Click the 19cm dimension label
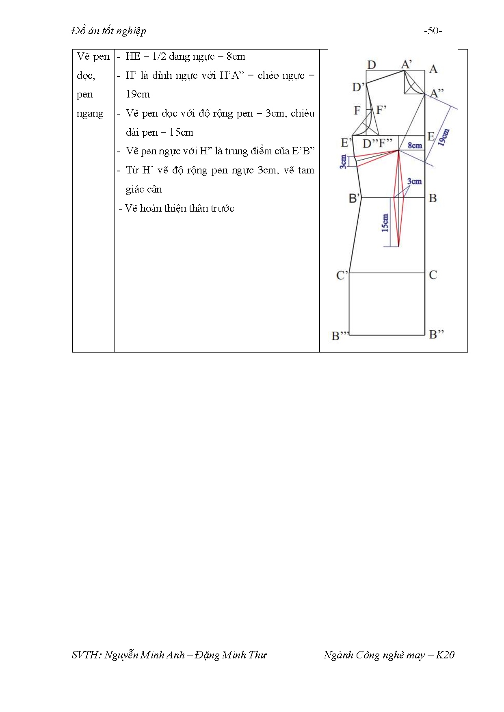click(x=444, y=137)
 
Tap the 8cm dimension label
click(x=415, y=145)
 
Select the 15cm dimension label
click(x=385, y=223)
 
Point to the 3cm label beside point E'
click(x=343, y=161)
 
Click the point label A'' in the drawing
click(x=437, y=93)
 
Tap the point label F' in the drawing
click(x=381, y=110)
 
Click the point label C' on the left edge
click(x=342, y=275)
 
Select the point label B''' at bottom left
click(x=340, y=335)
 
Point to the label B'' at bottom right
click(x=436, y=334)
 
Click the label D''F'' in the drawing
click(x=377, y=143)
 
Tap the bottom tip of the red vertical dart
click(x=398, y=247)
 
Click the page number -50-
click(x=433, y=31)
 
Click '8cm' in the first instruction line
click(x=236, y=56)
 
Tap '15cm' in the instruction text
click(x=181, y=132)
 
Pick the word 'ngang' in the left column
click(x=90, y=114)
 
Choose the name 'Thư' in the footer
click(x=257, y=655)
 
